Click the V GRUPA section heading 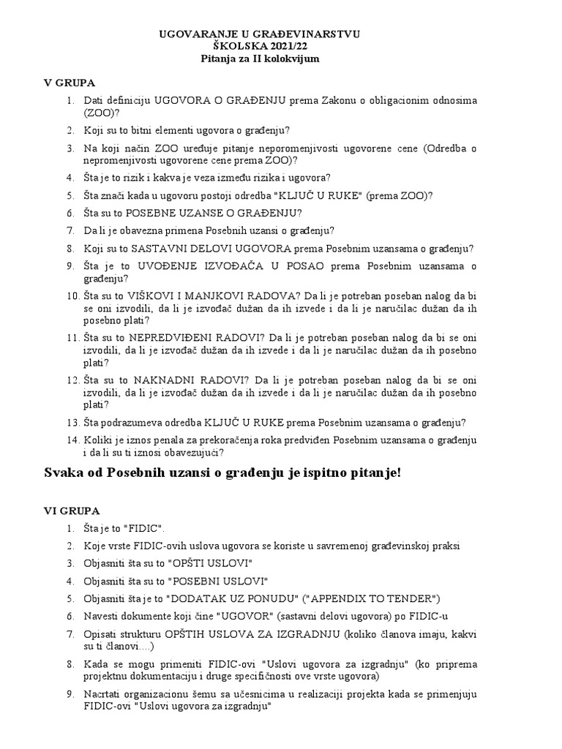(x=70, y=83)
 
